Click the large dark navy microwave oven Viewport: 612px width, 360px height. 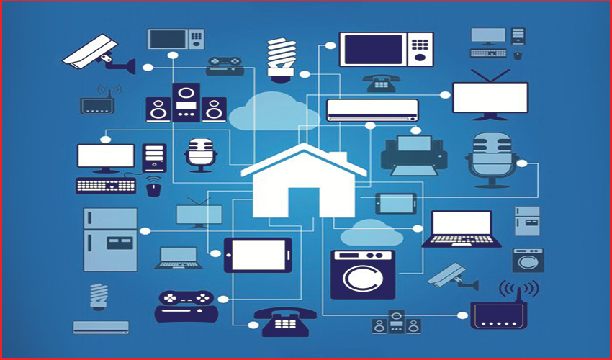click(x=386, y=50)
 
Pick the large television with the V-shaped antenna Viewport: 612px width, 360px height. click(x=490, y=97)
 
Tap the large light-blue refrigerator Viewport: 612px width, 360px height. click(x=110, y=239)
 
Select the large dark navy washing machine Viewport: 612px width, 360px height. click(x=363, y=274)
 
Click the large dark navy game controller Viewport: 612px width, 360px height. click(x=185, y=305)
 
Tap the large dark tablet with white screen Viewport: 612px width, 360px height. click(x=258, y=255)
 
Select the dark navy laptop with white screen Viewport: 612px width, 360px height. click(x=462, y=229)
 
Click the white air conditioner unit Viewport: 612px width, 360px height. click(x=372, y=109)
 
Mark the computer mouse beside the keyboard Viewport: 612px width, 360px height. click(x=153, y=189)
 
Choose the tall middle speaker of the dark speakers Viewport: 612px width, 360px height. click(x=186, y=103)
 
